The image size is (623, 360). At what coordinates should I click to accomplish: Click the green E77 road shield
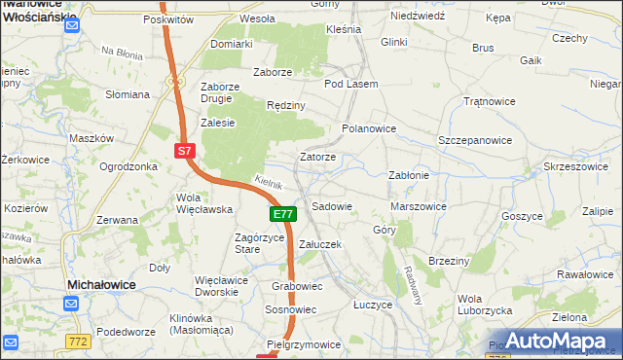282,214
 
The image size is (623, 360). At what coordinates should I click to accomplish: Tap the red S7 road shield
186,151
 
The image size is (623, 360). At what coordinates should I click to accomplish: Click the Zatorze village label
318,157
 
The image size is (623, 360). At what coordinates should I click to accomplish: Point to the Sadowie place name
331,206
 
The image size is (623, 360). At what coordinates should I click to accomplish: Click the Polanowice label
369,127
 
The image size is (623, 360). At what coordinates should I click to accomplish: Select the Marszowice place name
418,206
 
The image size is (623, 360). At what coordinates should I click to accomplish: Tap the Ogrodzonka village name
128,165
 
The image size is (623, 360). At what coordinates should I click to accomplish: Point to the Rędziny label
286,105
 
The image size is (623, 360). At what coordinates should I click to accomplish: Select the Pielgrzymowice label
304,344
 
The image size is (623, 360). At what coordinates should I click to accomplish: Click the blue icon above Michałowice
71,304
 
